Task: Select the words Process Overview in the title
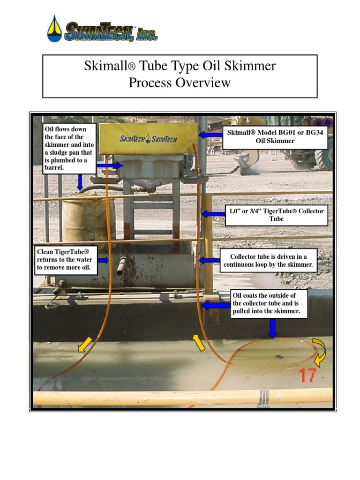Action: tap(180, 83)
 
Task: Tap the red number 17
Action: tap(307, 375)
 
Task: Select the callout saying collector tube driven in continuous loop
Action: tap(269, 261)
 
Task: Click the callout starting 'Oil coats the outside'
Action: tap(269, 303)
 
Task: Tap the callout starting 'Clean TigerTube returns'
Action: tap(65, 260)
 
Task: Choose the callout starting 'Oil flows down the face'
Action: tap(70, 148)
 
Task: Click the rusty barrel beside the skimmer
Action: tap(82, 217)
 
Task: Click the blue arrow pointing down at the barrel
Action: tap(80, 182)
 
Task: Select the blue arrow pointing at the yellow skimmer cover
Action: tap(210, 135)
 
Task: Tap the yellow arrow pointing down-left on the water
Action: tap(84, 345)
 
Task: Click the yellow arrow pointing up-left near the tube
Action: tap(199, 343)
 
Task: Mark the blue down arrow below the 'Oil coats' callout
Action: tap(272, 328)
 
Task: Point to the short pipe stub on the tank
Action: tap(121, 266)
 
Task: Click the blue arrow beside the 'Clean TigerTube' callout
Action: tap(104, 260)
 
